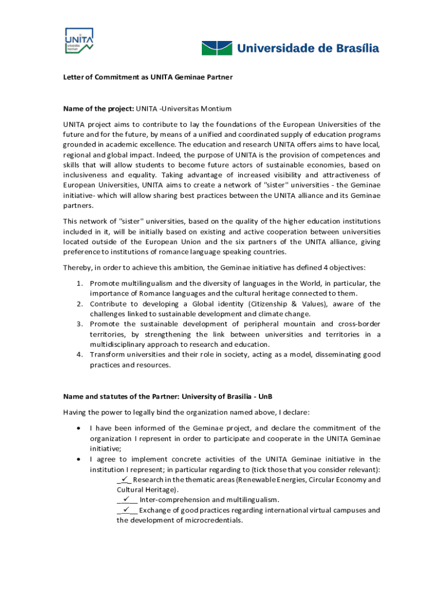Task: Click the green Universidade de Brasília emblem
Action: [x=216, y=48]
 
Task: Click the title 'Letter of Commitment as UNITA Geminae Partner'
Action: [x=148, y=77]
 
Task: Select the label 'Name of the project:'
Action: [x=98, y=109]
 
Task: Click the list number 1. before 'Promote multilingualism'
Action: [x=81, y=283]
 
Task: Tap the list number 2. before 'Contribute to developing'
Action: [x=81, y=304]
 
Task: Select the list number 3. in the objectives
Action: [x=81, y=324]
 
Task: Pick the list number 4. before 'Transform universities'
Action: [x=81, y=354]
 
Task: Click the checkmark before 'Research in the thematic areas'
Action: [x=125, y=479]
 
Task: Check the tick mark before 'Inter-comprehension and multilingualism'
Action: [x=127, y=499]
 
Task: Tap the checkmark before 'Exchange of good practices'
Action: [x=127, y=510]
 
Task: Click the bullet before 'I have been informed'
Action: [x=78, y=428]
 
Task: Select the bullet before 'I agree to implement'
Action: [x=78, y=459]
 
